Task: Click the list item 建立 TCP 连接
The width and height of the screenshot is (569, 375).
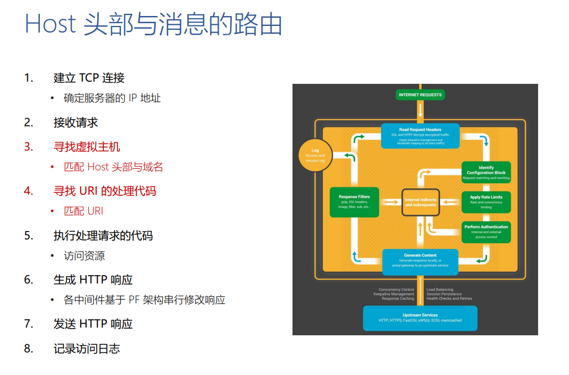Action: (89, 78)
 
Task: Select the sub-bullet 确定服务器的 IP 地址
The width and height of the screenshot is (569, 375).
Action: (112, 98)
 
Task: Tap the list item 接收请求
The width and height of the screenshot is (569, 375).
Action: (76, 122)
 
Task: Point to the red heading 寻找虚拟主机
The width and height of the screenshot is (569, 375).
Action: (87, 147)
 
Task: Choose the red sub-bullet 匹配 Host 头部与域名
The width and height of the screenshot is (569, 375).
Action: (113, 167)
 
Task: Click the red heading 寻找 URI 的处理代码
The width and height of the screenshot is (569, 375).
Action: (104, 191)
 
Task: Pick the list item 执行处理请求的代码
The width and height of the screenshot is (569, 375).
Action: (103, 235)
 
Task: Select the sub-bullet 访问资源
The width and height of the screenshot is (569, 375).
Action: (84, 255)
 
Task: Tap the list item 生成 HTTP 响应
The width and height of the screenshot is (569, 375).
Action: (93, 280)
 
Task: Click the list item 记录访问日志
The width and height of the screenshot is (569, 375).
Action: (87, 349)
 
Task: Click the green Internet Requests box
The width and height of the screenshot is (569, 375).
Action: (421, 95)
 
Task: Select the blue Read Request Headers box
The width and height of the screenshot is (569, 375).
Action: (421, 136)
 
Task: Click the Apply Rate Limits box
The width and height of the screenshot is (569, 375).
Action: (486, 202)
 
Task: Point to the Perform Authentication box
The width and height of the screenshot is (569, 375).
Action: (486, 232)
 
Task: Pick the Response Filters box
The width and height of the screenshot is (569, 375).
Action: (354, 202)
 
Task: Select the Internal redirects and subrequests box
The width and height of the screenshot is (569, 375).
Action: (421, 202)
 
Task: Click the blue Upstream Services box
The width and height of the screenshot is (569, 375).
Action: (421, 318)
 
